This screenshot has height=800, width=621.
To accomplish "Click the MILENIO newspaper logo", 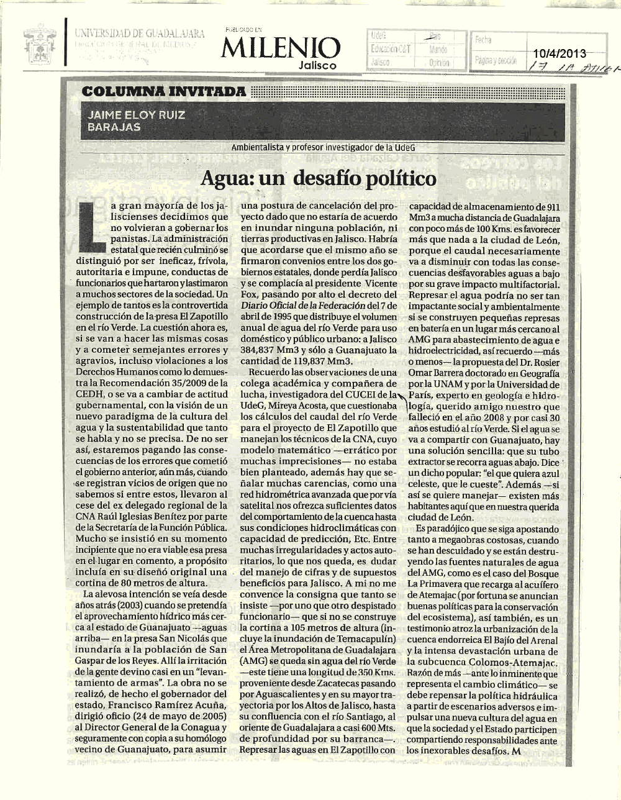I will [281, 47].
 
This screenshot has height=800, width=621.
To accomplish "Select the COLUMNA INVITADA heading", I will [164, 92].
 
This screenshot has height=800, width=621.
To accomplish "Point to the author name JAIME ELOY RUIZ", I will [137, 115].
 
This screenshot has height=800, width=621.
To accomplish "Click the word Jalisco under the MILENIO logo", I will [317, 65].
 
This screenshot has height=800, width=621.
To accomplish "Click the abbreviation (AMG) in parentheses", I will [255, 660].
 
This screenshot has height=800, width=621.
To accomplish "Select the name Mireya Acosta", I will [302, 406].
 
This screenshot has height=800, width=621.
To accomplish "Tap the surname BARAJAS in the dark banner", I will [114, 127].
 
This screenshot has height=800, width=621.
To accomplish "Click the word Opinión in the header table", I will [438, 63].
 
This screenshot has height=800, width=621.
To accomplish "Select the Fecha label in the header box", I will [483, 40].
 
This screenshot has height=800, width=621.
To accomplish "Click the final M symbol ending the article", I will [515, 752].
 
